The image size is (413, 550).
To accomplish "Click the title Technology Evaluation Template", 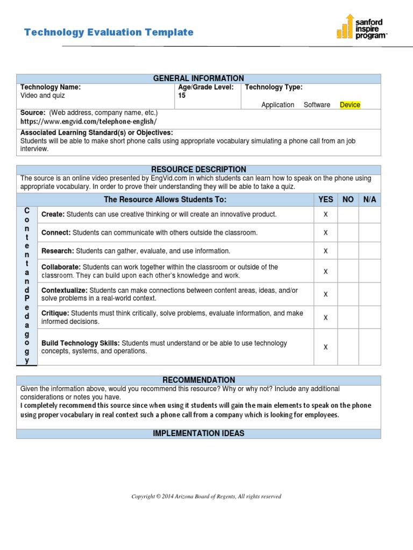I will (109, 32).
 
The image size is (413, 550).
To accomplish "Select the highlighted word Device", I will (350, 105).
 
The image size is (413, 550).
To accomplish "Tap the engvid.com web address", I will (89, 122).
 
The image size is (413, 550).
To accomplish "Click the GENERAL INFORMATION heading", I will (198, 78).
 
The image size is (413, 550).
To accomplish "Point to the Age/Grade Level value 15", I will (182, 96).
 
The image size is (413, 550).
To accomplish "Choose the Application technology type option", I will (277, 105).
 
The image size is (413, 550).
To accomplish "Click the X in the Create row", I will (325, 215).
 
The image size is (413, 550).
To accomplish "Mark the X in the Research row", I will (325, 251).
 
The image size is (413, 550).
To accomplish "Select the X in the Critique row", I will (325, 317).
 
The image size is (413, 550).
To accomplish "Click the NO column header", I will (348, 199).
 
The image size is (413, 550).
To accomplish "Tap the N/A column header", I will (369, 199).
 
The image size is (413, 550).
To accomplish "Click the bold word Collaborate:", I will (61, 267).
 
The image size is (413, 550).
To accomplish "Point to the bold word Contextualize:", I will (64, 290).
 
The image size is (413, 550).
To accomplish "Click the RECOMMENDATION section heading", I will (198, 380).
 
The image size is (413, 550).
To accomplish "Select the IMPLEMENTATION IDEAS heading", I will (198, 433).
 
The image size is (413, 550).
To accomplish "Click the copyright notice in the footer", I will (206, 497).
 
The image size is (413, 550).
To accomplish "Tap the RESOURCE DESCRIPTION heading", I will (198, 169).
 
